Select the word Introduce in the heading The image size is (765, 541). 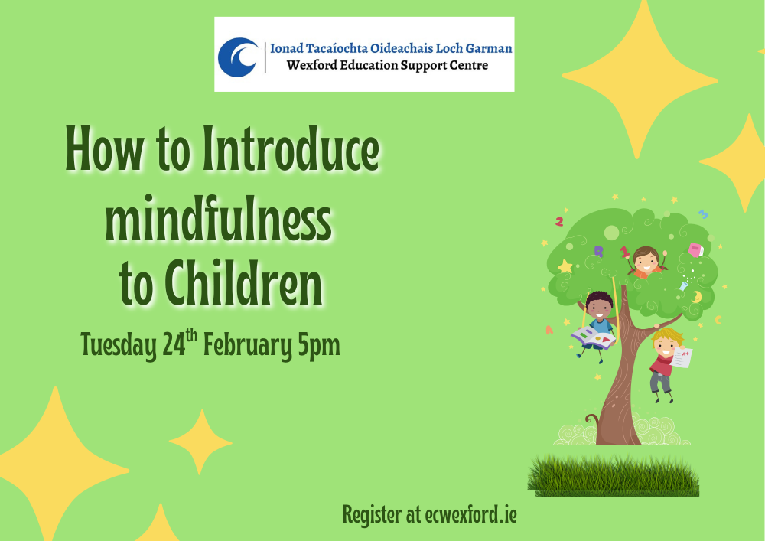291,152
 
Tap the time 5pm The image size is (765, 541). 318,347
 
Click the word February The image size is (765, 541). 249,347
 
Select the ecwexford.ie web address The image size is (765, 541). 461,515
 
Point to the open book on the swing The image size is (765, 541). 593,335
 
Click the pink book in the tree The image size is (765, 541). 695,249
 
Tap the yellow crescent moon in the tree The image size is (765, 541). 697,296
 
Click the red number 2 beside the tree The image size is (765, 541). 559,221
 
